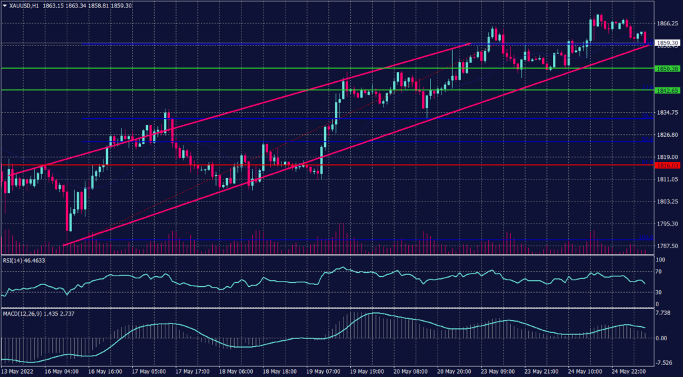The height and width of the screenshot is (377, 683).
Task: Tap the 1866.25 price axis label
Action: point(667,23)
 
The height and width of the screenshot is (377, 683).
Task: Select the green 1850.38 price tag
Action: point(667,69)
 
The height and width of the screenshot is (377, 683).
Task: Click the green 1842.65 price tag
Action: point(667,90)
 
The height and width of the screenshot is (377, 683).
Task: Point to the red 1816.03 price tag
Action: point(667,165)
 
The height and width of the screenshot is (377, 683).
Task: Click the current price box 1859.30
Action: point(667,43)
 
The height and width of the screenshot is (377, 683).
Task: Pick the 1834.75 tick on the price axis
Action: point(667,113)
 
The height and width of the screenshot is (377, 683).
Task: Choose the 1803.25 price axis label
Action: point(667,202)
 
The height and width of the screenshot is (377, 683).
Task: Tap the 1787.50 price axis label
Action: point(667,246)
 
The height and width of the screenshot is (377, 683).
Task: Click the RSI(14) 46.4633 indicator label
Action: point(26,260)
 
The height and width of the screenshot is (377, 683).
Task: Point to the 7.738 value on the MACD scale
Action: point(664,313)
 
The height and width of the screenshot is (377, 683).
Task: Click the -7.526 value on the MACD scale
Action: point(664,364)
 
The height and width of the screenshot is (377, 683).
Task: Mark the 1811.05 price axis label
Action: point(667,179)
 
